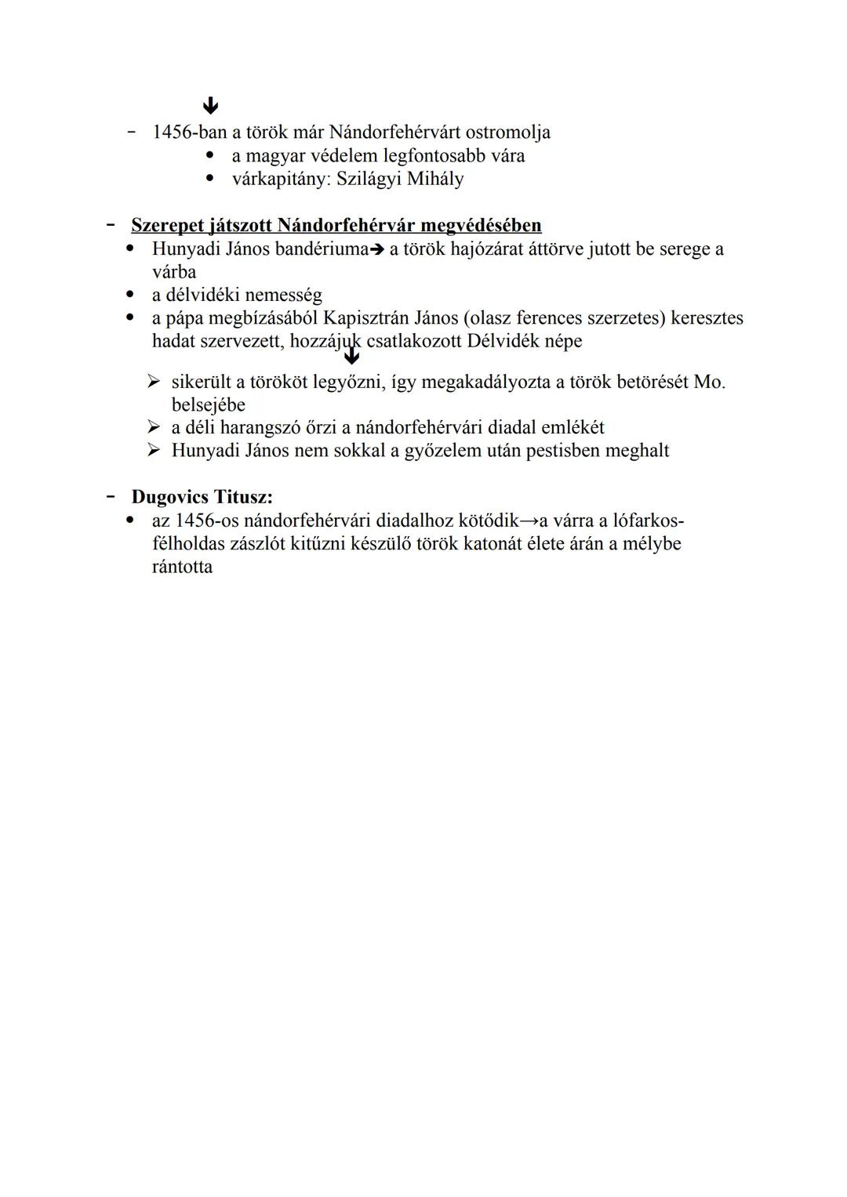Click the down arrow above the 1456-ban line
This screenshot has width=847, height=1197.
(x=209, y=106)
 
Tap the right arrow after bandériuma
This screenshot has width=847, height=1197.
(x=377, y=250)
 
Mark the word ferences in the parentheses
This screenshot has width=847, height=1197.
(x=550, y=318)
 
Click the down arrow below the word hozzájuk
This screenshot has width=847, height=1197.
(x=352, y=357)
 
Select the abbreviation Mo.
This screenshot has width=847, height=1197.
(x=710, y=383)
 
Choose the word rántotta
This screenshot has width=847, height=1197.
(x=182, y=567)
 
